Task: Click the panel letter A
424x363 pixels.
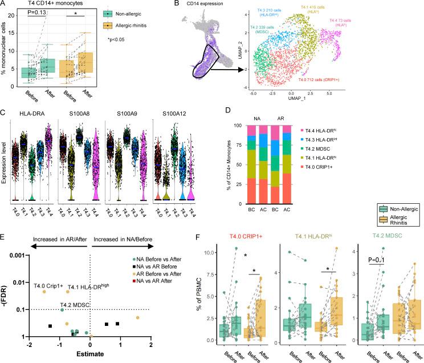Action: point(5,5)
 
